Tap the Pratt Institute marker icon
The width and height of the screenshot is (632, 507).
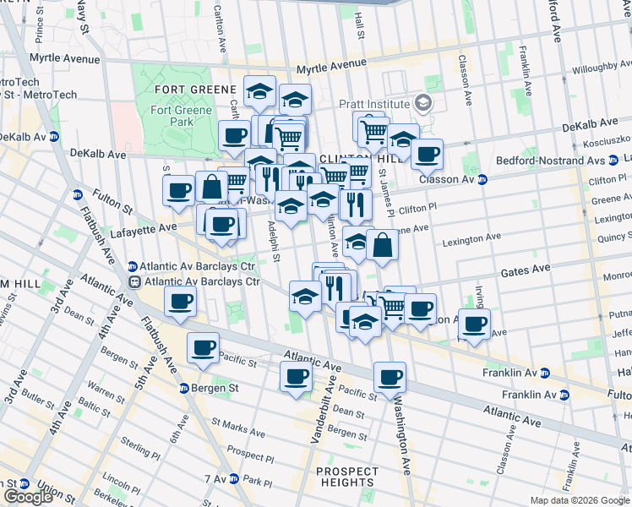coord(423,104)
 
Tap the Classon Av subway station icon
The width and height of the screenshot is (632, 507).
coord(482,179)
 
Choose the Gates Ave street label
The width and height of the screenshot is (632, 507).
coord(525,269)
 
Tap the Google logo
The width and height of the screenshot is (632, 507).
coord(28,497)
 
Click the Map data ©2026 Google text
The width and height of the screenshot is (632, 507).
coord(580,500)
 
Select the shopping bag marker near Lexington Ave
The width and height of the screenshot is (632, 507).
coord(383,245)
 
